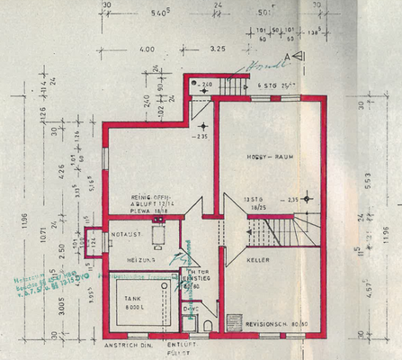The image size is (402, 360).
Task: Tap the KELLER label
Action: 258,259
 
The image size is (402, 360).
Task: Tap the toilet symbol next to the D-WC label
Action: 208,325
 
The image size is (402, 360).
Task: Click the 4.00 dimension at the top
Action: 148,49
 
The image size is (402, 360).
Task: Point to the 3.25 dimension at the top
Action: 218,49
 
